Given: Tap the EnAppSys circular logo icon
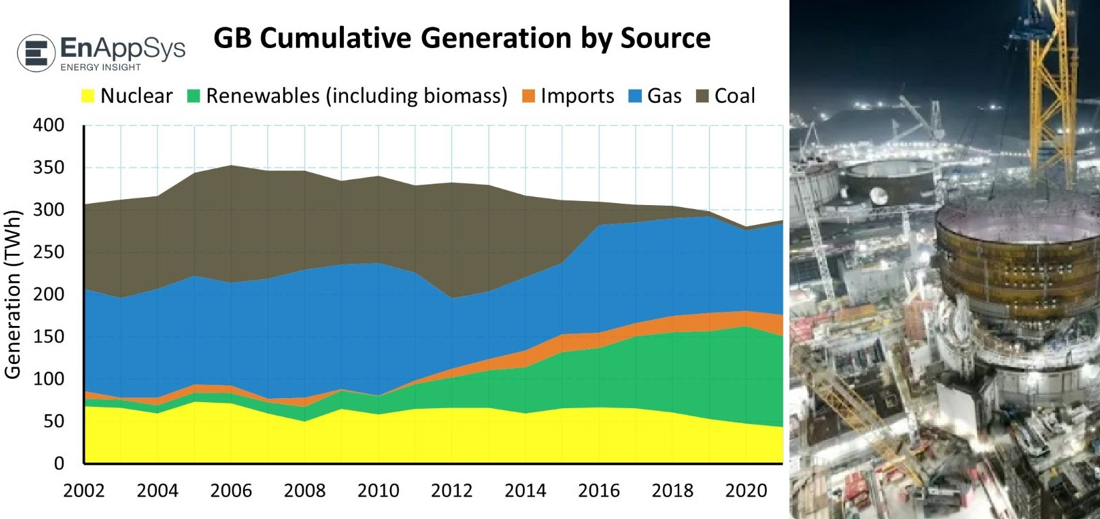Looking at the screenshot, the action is click(x=36, y=53).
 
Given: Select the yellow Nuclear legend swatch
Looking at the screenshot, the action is click(x=87, y=96).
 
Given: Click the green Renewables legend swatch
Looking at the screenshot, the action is click(x=194, y=96).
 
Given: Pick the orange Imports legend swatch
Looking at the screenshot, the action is click(x=528, y=96).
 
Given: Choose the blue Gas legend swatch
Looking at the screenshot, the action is click(x=635, y=96).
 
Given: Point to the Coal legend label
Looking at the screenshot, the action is click(x=735, y=96).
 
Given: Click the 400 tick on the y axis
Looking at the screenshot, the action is click(x=49, y=125).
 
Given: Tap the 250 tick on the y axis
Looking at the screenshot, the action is click(x=49, y=252).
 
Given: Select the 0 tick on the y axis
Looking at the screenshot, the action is click(x=59, y=463).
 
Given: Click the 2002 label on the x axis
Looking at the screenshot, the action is click(x=84, y=490).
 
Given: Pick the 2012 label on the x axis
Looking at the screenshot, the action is click(x=451, y=490).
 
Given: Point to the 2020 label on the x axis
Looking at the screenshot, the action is click(x=746, y=490).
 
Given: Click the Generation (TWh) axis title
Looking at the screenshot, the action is click(x=13, y=295).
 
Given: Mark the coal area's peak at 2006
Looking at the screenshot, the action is click(x=231, y=166).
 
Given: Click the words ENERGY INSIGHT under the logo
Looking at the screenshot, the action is click(x=101, y=67).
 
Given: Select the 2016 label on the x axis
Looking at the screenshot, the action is click(x=598, y=490).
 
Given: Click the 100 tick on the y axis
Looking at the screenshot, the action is click(x=49, y=379).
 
